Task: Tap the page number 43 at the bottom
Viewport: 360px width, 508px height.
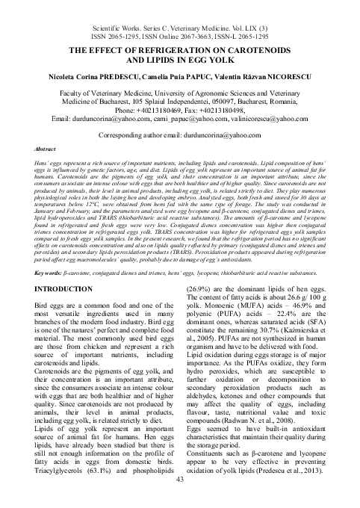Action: point(179,500)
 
